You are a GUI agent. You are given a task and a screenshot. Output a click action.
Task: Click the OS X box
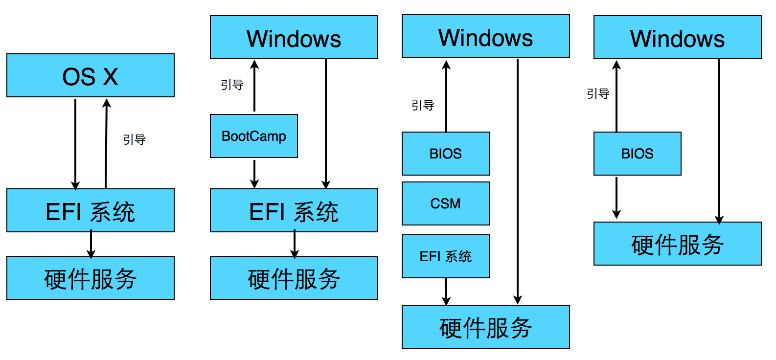91,75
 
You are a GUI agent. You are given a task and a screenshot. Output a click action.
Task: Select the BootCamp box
253,136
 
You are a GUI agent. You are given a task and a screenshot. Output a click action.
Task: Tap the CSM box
445,203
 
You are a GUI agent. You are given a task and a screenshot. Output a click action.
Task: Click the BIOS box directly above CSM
445,154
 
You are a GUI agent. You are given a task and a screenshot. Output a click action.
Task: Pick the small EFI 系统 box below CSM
445,256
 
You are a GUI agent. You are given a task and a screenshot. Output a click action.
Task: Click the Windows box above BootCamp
294,38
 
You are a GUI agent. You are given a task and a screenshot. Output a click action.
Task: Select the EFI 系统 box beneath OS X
91,210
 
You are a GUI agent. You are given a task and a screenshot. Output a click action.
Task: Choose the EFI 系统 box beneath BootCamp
294,210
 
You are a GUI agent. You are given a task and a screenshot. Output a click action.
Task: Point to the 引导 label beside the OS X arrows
134,140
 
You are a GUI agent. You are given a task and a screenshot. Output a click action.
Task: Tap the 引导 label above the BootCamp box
232,85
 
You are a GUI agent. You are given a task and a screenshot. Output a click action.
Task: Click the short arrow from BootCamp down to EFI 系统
254,174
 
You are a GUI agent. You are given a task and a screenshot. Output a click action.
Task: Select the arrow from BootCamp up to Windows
254,86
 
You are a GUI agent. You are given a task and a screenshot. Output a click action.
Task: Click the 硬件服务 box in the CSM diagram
485,327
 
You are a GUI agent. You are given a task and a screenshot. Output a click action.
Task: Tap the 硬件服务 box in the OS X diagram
91,278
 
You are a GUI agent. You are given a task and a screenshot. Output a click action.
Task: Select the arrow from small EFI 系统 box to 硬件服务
446,292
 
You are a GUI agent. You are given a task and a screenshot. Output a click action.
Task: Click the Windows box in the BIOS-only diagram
677,38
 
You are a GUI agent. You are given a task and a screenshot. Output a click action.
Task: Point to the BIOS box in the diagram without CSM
637,154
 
